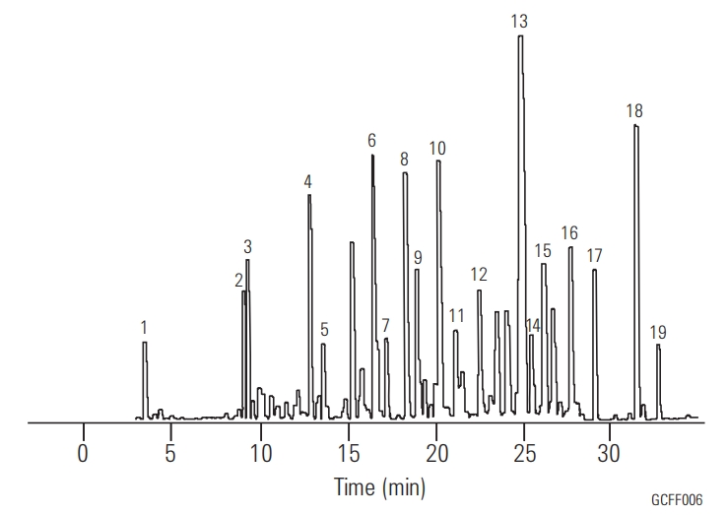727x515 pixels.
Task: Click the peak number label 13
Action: [519, 21]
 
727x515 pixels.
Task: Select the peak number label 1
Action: [144, 327]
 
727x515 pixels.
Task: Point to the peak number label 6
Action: [372, 140]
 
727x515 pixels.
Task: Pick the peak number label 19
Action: [658, 332]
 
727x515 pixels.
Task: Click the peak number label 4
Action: [307, 181]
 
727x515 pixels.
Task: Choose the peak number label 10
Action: [437, 149]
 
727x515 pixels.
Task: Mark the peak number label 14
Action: [533, 325]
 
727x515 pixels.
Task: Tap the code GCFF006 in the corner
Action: [676, 500]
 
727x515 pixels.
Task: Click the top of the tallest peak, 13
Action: [520, 36]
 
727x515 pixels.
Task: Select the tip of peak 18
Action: [635, 126]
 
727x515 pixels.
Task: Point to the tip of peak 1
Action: [144, 343]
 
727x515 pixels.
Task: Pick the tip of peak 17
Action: [594, 270]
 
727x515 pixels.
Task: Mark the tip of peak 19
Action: [658, 346]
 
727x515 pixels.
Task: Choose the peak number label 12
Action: [479, 273]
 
